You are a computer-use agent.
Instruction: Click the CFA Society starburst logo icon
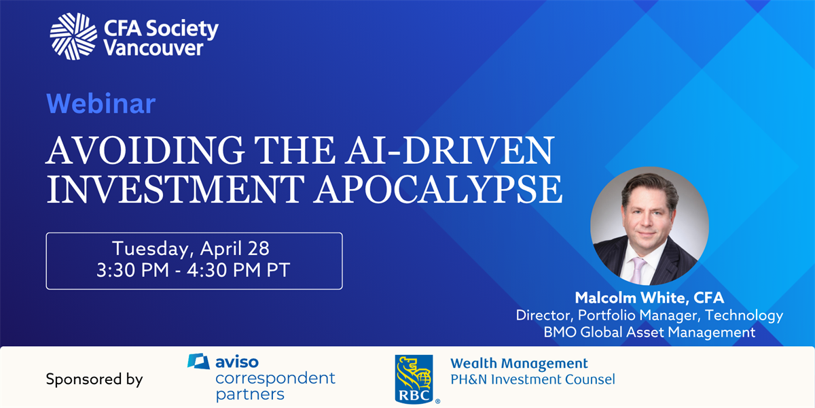(x=73, y=37)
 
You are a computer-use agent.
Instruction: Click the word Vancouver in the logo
(x=153, y=48)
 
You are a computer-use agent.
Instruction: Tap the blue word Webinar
(x=101, y=104)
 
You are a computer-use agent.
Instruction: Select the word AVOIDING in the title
(x=145, y=150)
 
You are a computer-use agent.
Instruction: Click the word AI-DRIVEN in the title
(x=450, y=150)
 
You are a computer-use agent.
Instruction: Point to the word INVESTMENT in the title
(x=175, y=190)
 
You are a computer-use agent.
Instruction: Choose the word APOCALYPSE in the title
(x=438, y=190)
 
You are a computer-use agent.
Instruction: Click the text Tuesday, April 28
(x=191, y=249)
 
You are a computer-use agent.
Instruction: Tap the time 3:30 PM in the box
(x=133, y=271)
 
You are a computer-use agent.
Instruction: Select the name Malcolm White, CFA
(x=649, y=298)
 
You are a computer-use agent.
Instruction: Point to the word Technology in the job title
(x=744, y=316)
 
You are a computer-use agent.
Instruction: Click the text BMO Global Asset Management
(x=649, y=333)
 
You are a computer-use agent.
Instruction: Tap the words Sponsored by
(x=94, y=379)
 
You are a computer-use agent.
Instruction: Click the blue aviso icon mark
(x=198, y=361)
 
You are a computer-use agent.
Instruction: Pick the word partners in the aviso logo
(x=250, y=395)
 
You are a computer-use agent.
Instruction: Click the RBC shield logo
(x=414, y=379)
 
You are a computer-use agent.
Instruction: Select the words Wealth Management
(x=519, y=364)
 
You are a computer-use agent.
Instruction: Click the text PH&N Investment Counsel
(x=533, y=379)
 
